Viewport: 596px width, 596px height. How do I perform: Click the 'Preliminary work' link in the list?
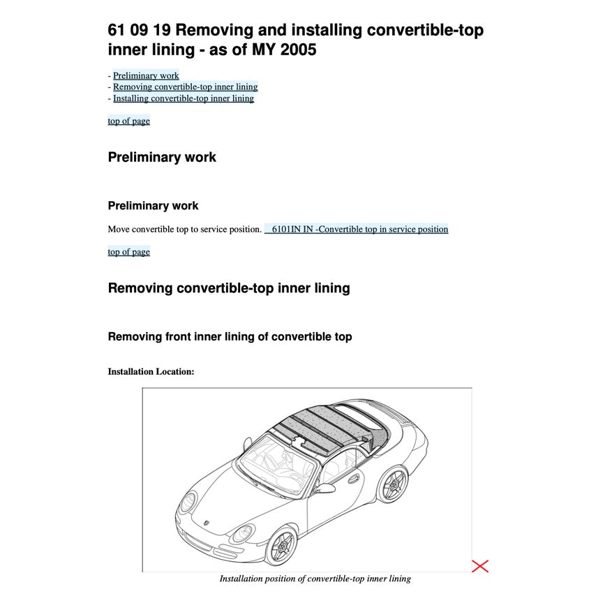coord(146,75)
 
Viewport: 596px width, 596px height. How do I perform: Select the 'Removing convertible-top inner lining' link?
coord(185,87)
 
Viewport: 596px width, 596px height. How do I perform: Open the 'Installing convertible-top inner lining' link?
coord(183,98)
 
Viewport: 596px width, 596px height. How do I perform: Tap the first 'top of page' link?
coord(128,121)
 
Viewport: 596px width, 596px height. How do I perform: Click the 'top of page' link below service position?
coord(128,252)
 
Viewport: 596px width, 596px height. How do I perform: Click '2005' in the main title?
coord(297,50)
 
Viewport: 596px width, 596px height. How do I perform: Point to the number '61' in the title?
coord(117,30)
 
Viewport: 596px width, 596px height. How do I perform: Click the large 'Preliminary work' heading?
coord(162,157)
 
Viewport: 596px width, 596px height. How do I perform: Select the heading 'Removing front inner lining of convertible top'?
coord(230,336)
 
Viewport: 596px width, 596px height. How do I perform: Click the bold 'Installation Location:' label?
coord(151,371)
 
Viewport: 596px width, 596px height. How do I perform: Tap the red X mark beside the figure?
coord(480,566)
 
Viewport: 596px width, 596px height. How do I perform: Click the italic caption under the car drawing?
coord(315,579)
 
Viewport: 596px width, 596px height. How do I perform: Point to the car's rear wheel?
coord(392,484)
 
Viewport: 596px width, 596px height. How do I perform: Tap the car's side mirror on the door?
coord(323,488)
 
